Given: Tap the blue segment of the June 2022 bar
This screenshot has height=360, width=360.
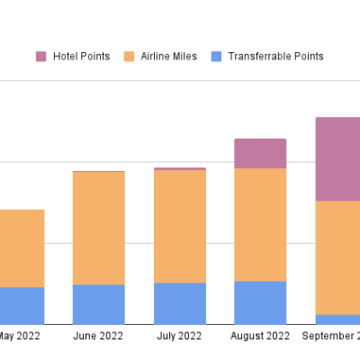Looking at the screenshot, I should pyautogui.click(x=98, y=304).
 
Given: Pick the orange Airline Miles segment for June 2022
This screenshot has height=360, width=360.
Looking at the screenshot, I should pyautogui.click(x=98, y=229).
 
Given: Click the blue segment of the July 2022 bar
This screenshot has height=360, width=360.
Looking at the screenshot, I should pyautogui.click(x=179, y=303).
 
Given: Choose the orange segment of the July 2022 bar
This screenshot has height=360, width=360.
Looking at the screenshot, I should pyautogui.click(x=179, y=227).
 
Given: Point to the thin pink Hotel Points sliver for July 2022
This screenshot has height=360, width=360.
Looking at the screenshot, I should pyautogui.click(x=179, y=168).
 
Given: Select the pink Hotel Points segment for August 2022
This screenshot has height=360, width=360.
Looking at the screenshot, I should pyautogui.click(x=260, y=154).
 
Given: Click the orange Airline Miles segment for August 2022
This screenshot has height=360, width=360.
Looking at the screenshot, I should pyautogui.click(x=260, y=225).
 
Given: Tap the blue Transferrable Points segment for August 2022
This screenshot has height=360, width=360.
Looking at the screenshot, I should pyautogui.click(x=260, y=302).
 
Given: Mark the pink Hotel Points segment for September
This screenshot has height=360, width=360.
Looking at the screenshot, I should pyautogui.click(x=338, y=159).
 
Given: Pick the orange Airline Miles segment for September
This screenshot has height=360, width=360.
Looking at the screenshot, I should pyautogui.click(x=338, y=257).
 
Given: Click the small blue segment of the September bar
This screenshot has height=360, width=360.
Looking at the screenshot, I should pyautogui.click(x=338, y=319).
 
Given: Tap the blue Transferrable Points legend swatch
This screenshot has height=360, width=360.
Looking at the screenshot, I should pyautogui.click(x=216, y=57).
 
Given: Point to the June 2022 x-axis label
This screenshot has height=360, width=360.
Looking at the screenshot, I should pyautogui.click(x=98, y=337).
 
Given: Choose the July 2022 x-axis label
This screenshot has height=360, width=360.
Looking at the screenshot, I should pyautogui.click(x=179, y=337).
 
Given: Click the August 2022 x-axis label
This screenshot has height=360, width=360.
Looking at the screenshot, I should pyautogui.click(x=260, y=337).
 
